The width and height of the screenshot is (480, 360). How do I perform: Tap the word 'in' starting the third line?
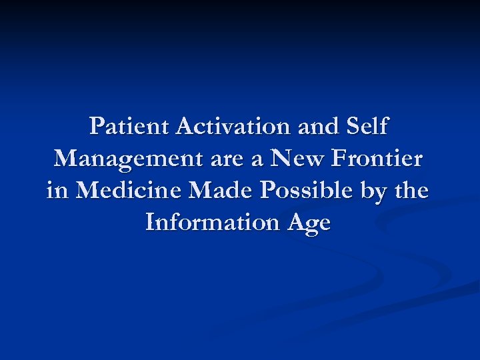pyautogui.click(x=58, y=191)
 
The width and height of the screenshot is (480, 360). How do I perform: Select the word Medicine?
pyautogui.click(x=129, y=191)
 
